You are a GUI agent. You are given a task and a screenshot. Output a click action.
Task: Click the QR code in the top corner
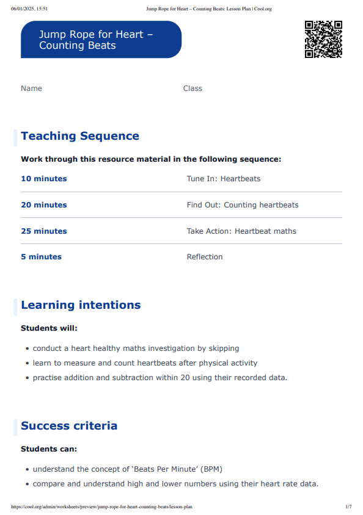323,39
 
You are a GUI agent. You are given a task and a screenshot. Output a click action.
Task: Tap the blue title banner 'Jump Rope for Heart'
101,40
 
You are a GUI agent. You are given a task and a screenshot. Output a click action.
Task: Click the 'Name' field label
31,88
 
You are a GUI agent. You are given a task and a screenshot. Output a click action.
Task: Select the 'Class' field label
193,88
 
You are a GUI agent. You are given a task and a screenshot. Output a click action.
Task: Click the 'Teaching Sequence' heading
80,136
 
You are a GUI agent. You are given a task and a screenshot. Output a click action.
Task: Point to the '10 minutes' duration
44,179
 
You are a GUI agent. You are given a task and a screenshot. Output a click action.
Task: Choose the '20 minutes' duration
44,205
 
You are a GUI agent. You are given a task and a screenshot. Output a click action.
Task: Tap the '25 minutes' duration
44,231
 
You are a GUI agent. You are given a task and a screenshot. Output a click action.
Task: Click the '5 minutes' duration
41,257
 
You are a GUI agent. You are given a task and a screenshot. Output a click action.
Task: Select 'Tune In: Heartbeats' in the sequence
223,179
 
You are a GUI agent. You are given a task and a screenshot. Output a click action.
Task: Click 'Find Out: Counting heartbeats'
243,205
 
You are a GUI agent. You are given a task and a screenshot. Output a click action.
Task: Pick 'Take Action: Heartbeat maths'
241,231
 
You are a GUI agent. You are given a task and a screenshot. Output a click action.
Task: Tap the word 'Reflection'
205,257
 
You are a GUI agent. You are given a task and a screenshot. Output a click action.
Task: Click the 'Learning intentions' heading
81,305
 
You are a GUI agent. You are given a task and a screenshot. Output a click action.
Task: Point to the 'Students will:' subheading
49,328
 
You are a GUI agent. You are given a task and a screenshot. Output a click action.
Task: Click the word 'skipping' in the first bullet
224,348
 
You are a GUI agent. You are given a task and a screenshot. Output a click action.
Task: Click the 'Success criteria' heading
69,426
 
